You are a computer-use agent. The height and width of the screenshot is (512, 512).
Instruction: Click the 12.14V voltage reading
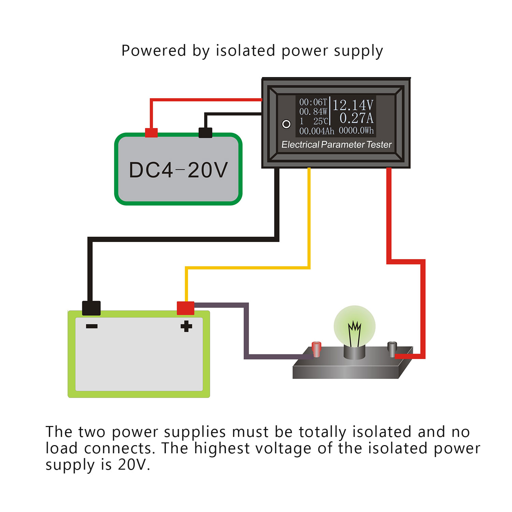click(353, 105)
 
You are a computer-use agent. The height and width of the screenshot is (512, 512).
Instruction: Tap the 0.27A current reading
click(356, 118)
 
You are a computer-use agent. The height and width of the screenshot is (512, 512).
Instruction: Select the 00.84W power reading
click(313, 112)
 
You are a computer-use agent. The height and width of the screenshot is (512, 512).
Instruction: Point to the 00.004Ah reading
click(316, 131)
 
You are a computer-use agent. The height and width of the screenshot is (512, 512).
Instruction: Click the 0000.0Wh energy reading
click(356, 131)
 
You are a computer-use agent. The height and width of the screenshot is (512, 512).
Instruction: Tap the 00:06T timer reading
click(313, 102)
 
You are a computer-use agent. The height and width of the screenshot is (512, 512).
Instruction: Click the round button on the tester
click(286, 124)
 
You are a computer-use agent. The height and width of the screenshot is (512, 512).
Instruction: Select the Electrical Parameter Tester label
click(336, 145)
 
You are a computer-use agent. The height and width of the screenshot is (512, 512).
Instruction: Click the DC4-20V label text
click(178, 170)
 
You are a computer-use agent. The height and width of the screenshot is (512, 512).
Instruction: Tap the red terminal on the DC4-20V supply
click(151, 132)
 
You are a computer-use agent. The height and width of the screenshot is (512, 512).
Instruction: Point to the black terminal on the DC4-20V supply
click(205, 132)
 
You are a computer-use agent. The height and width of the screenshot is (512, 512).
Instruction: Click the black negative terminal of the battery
click(91, 308)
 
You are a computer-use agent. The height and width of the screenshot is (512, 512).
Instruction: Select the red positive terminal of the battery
click(185, 308)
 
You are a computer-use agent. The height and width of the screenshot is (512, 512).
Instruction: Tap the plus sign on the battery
click(186, 326)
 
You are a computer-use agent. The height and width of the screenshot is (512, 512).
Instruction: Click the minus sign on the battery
click(92, 326)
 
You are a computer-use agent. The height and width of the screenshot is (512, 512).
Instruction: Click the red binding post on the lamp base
click(316, 349)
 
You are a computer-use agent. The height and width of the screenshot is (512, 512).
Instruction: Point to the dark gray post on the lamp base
click(392, 348)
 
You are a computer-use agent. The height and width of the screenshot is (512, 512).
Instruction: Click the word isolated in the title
click(245, 51)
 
